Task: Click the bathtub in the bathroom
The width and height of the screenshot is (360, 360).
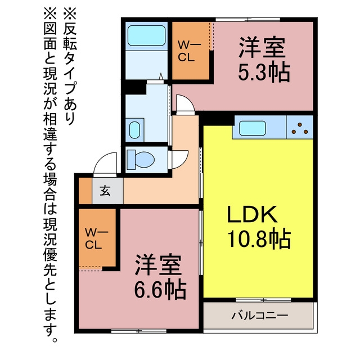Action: pos(146,35)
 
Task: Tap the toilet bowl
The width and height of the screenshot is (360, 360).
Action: pos(141,159)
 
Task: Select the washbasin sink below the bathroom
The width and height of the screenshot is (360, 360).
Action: pos(134,130)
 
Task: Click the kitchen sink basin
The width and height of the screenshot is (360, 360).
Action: pos(253,128)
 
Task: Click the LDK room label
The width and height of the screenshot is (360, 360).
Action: pos(252,214)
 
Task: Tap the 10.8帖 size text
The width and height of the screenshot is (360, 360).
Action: pos(259,240)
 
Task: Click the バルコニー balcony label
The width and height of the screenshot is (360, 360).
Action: pos(259,315)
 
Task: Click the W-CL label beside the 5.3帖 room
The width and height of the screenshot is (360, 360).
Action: pos(190,51)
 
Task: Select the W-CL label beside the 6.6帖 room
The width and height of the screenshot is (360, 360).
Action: pos(96,238)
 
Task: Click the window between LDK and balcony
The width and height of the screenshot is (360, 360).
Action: pos(263,300)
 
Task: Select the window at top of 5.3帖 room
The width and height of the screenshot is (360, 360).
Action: pos(248,20)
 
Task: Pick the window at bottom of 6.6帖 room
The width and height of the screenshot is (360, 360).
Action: pos(139,331)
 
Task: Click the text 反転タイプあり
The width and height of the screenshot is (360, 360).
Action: pos(70,66)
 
